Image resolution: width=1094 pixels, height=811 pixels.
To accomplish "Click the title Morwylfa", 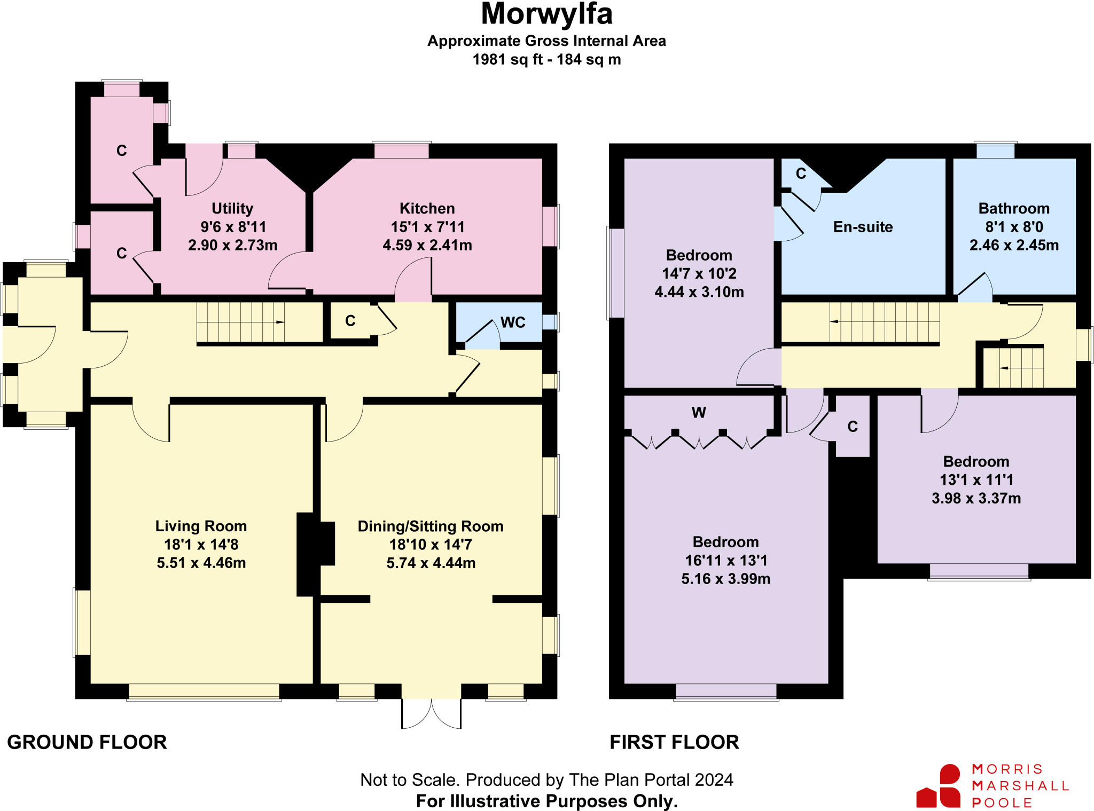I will (x=546, y=14).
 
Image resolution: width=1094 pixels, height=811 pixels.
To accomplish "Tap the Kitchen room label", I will (x=427, y=208).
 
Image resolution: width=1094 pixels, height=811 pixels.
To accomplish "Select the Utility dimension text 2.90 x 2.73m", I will (x=232, y=245).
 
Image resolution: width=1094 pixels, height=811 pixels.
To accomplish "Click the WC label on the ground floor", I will (x=513, y=322).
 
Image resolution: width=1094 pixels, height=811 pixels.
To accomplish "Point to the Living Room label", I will (x=201, y=526).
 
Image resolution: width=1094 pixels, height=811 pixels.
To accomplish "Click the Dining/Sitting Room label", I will (x=431, y=526).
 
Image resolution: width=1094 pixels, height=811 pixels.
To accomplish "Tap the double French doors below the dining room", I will (x=431, y=713).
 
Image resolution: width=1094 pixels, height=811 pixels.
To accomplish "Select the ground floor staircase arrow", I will (x=279, y=322).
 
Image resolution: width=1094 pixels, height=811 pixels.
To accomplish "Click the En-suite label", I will (x=863, y=227).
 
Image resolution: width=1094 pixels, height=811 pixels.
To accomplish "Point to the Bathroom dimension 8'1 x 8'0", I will (x=1014, y=227).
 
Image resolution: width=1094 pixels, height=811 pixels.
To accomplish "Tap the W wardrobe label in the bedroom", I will (x=699, y=413).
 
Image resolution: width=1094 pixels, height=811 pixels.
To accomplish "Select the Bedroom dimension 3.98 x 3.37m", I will (x=976, y=498).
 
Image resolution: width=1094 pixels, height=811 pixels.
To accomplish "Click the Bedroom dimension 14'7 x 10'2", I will (x=699, y=273).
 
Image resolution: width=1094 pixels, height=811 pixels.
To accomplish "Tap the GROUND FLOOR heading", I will (x=87, y=742).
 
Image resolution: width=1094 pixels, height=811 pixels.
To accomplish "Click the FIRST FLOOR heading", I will (x=674, y=742).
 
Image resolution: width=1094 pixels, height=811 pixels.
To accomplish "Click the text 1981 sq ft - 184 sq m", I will (x=546, y=59).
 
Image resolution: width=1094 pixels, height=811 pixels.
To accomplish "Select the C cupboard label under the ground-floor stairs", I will (x=350, y=321).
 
